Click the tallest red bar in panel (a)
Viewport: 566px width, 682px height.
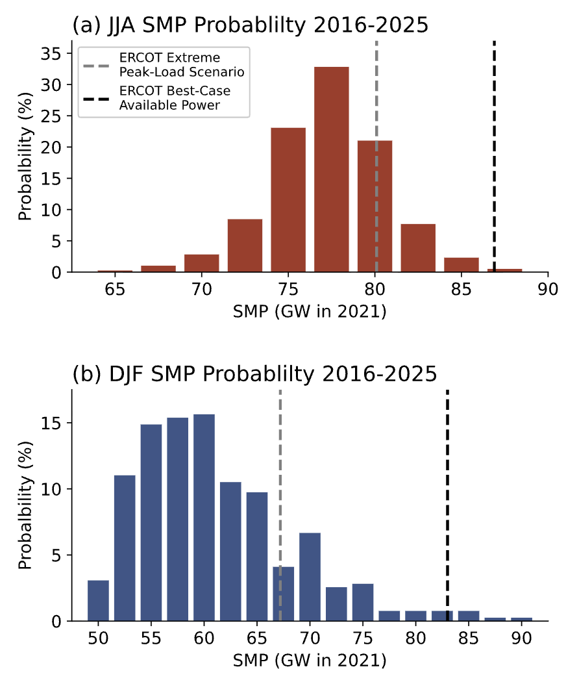click(x=331, y=169)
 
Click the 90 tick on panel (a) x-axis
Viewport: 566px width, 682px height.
click(x=548, y=288)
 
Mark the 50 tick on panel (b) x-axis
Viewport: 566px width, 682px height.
click(x=98, y=638)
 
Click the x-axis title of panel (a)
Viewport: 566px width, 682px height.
click(x=310, y=312)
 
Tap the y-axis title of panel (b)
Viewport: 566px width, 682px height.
click(x=25, y=505)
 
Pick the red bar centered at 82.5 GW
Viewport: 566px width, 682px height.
click(x=418, y=247)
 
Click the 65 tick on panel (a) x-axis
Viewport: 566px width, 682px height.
click(x=115, y=288)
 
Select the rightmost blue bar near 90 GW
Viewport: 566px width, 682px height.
click(x=521, y=619)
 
